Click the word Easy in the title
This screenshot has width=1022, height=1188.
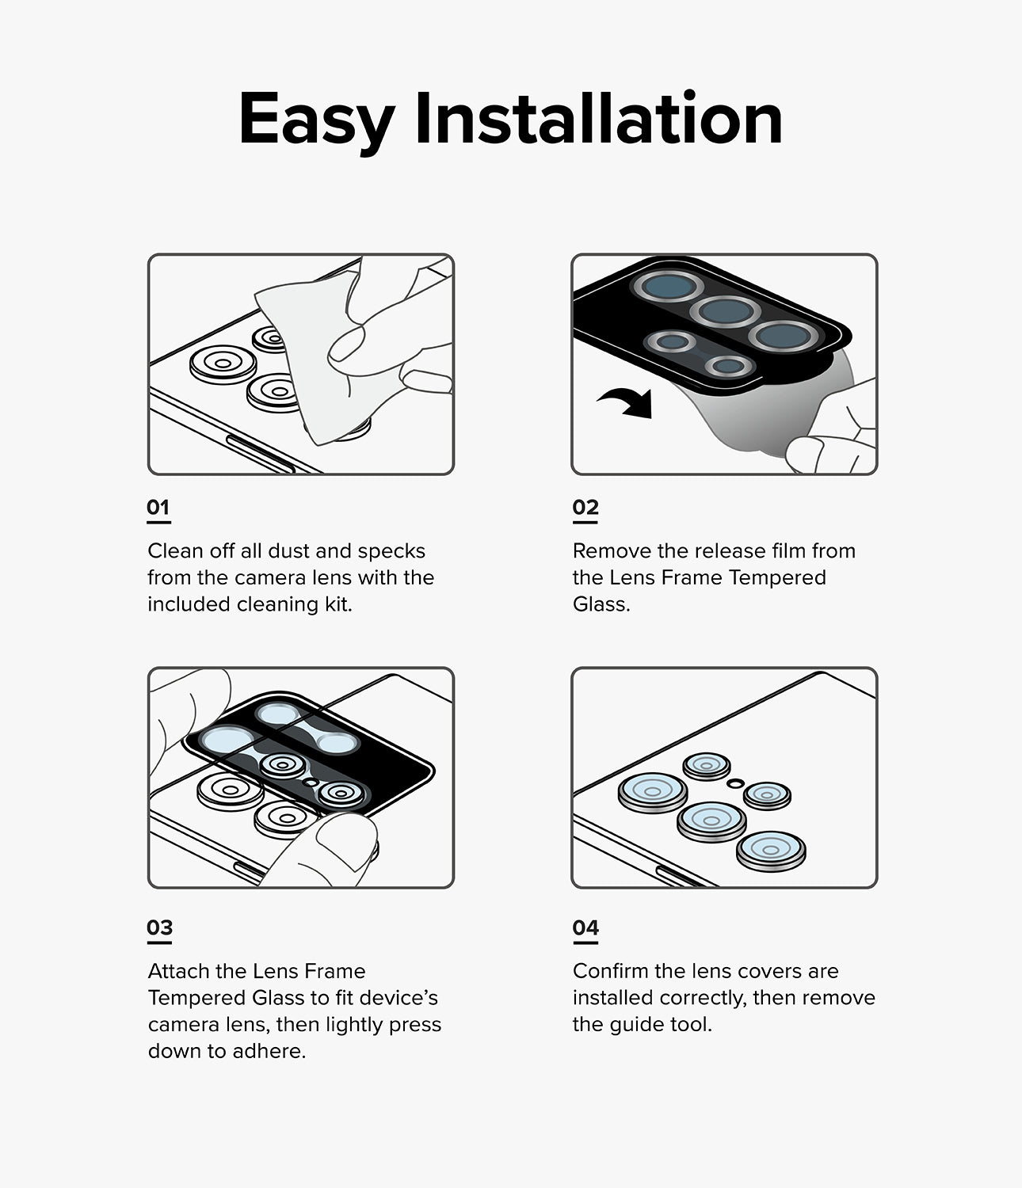click(x=315, y=120)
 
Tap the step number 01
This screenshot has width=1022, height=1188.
click(x=158, y=507)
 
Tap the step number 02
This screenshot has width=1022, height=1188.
click(x=585, y=507)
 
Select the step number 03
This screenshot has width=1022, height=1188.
click(x=159, y=927)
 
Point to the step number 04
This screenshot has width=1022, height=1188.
click(x=585, y=927)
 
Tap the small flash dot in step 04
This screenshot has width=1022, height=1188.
click(x=735, y=782)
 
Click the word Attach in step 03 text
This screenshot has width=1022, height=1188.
click(x=178, y=971)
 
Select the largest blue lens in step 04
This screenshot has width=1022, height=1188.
click(x=652, y=791)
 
